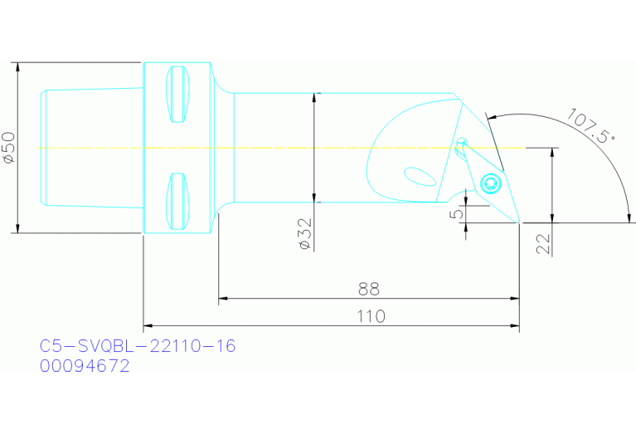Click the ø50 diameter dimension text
coord(8,147)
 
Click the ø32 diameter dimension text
coord(303,235)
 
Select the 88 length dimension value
coord(368,289)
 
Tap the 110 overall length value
coord(370,316)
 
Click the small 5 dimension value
coord(457,214)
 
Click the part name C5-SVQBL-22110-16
coord(138,345)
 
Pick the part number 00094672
coord(85,365)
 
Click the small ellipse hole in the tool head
coord(419,176)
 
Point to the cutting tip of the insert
coord(519,222)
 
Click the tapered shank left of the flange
coord(91,148)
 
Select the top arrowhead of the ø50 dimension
coord(17,67)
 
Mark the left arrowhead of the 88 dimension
coord(223,298)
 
